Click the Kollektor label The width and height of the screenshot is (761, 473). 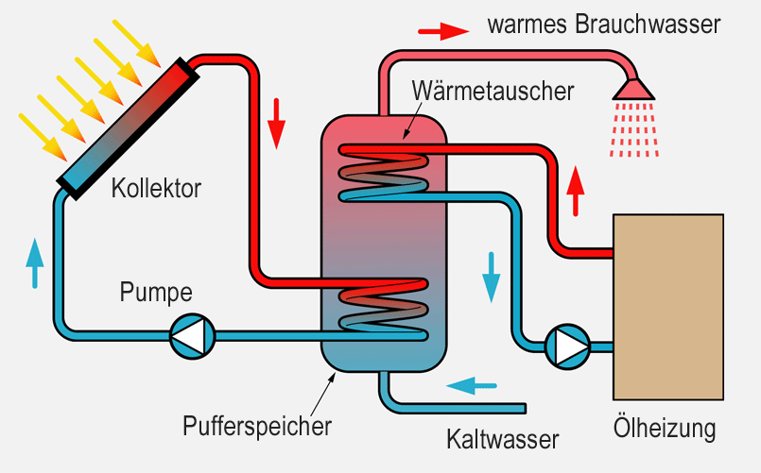(x=156, y=188)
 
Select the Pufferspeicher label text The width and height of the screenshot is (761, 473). (x=257, y=426)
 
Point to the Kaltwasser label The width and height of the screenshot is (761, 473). (x=503, y=439)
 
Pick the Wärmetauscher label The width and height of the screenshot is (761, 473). (x=493, y=93)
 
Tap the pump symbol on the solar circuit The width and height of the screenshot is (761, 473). (x=193, y=333)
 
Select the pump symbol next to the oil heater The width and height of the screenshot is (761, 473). (x=567, y=346)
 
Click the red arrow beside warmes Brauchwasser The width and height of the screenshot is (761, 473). (x=443, y=30)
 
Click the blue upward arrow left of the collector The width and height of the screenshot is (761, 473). (x=35, y=262)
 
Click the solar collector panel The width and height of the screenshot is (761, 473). (x=126, y=124)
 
